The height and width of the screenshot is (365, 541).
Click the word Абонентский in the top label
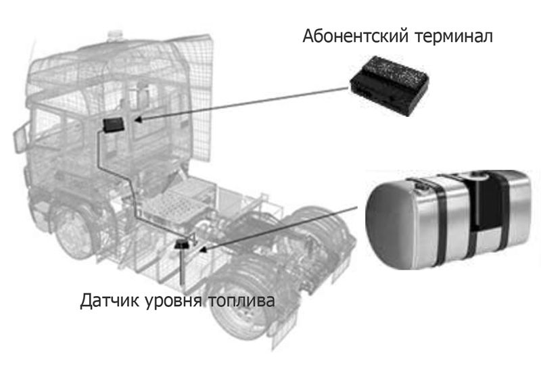pyautogui.click(x=355, y=36)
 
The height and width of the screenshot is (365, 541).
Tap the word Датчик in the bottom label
pyautogui.click(x=110, y=300)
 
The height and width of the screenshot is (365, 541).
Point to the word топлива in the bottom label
pyautogui.click(x=241, y=301)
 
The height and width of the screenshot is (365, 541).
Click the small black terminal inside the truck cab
pyautogui.click(x=113, y=125)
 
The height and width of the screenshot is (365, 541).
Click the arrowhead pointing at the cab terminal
pyautogui.click(x=138, y=120)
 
